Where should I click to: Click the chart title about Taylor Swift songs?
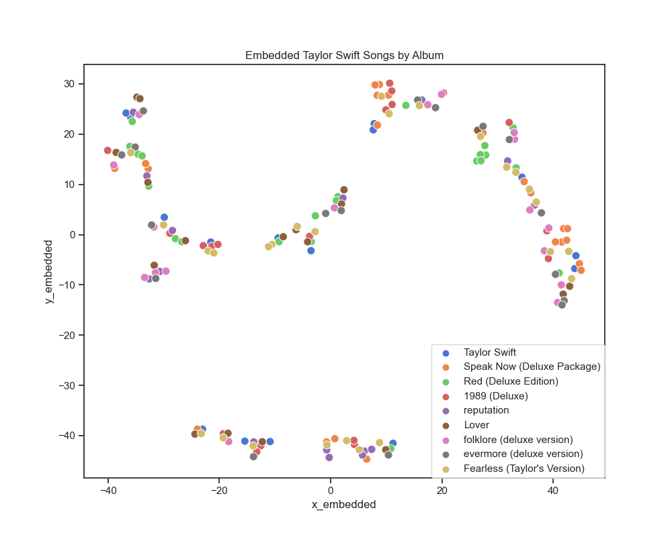point(344,55)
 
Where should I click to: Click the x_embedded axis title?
point(344,504)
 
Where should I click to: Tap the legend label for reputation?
point(486,410)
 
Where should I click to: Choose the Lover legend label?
point(476,425)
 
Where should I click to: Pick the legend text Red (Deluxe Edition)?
point(511,381)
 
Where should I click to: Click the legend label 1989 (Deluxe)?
point(495,396)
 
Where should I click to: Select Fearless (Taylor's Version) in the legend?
point(523,469)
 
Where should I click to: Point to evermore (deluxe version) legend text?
point(523,454)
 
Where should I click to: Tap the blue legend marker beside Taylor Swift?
point(443,352)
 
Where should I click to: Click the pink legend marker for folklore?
point(443,440)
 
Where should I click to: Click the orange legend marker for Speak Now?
point(443,367)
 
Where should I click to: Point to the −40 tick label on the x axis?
point(108,490)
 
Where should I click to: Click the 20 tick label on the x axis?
point(442,490)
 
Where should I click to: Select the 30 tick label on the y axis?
point(70,84)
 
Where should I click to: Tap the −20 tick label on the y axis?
point(67,335)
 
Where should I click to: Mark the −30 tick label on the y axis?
point(67,385)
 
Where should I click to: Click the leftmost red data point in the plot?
point(108,150)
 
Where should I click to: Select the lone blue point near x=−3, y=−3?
point(311,250)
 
